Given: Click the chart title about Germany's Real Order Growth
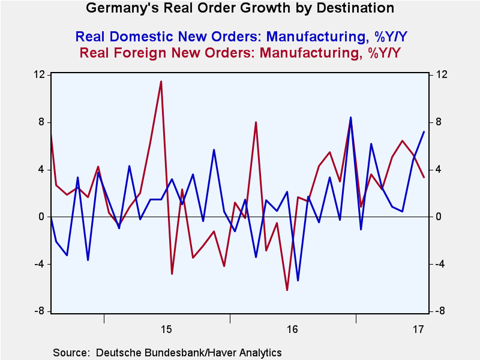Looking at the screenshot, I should tap(240, 8).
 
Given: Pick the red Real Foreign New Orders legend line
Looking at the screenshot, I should tap(240, 53).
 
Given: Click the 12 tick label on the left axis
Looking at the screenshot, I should tap(40, 75).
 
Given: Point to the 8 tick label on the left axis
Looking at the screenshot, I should tap(43, 122).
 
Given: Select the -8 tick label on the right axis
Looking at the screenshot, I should tap(439, 311).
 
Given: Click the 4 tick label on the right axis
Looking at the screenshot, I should tap(438, 170).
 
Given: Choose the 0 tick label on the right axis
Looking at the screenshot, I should tap(438, 217).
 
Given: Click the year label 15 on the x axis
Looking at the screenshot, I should tap(167, 329).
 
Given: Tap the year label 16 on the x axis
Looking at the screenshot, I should tap(293, 329).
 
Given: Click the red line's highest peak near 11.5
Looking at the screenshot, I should tap(161, 82).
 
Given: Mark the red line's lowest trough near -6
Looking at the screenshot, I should tap(287, 290).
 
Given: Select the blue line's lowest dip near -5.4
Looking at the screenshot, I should tap(298, 280).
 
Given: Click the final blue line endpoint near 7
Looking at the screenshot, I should tap(424, 132).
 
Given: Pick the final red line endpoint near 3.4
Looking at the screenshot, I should tap(424, 177).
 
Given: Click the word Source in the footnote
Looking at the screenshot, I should tap(70, 352).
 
